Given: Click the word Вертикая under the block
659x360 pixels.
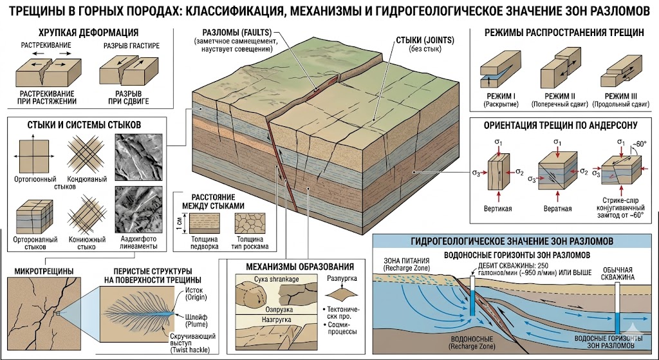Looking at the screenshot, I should click(497, 209).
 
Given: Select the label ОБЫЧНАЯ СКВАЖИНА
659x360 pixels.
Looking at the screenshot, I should click(619, 273).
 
